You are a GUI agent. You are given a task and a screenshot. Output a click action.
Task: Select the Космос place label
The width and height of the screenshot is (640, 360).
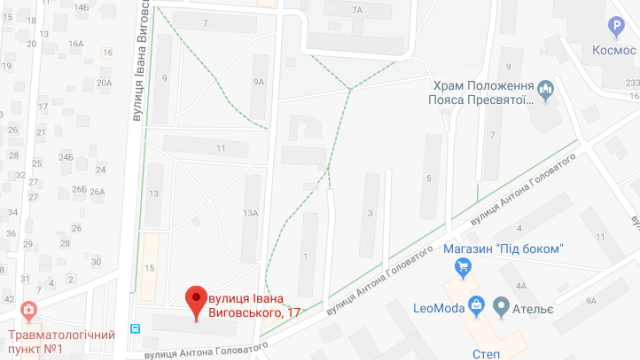click(x=614, y=50)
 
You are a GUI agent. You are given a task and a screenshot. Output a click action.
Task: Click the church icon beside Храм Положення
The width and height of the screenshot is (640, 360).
click(x=545, y=91)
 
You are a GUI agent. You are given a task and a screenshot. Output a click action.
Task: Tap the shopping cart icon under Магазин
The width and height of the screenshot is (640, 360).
click(x=463, y=267)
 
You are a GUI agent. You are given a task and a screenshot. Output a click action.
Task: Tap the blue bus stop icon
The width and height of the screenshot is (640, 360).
click(x=135, y=329)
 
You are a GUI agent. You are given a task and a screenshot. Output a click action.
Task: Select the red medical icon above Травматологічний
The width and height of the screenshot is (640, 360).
click(x=29, y=311)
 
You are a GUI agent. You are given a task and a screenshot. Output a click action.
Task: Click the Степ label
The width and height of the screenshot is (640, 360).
click(x=486, y=354)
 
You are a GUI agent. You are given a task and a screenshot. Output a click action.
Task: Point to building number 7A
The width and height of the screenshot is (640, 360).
click(x=356, y=10)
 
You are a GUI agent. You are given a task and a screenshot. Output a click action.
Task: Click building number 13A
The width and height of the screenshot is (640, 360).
click(x=250, y=213)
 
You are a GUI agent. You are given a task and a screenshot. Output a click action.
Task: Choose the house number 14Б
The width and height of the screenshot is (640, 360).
click(x=81, y=7)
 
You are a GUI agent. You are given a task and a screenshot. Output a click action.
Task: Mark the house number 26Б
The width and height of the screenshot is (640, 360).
click(x=79, y=189)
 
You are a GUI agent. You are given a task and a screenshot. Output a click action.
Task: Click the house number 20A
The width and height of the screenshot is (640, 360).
click(x=104, y=83)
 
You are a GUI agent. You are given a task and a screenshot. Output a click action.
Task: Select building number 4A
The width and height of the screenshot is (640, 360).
click(x=521, y=286)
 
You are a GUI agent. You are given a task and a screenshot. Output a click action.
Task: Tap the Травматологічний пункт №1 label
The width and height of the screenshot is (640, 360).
click(x=61, y=341)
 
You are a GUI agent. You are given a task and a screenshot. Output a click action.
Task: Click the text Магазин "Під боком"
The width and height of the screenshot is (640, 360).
click(x=503, y=248)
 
